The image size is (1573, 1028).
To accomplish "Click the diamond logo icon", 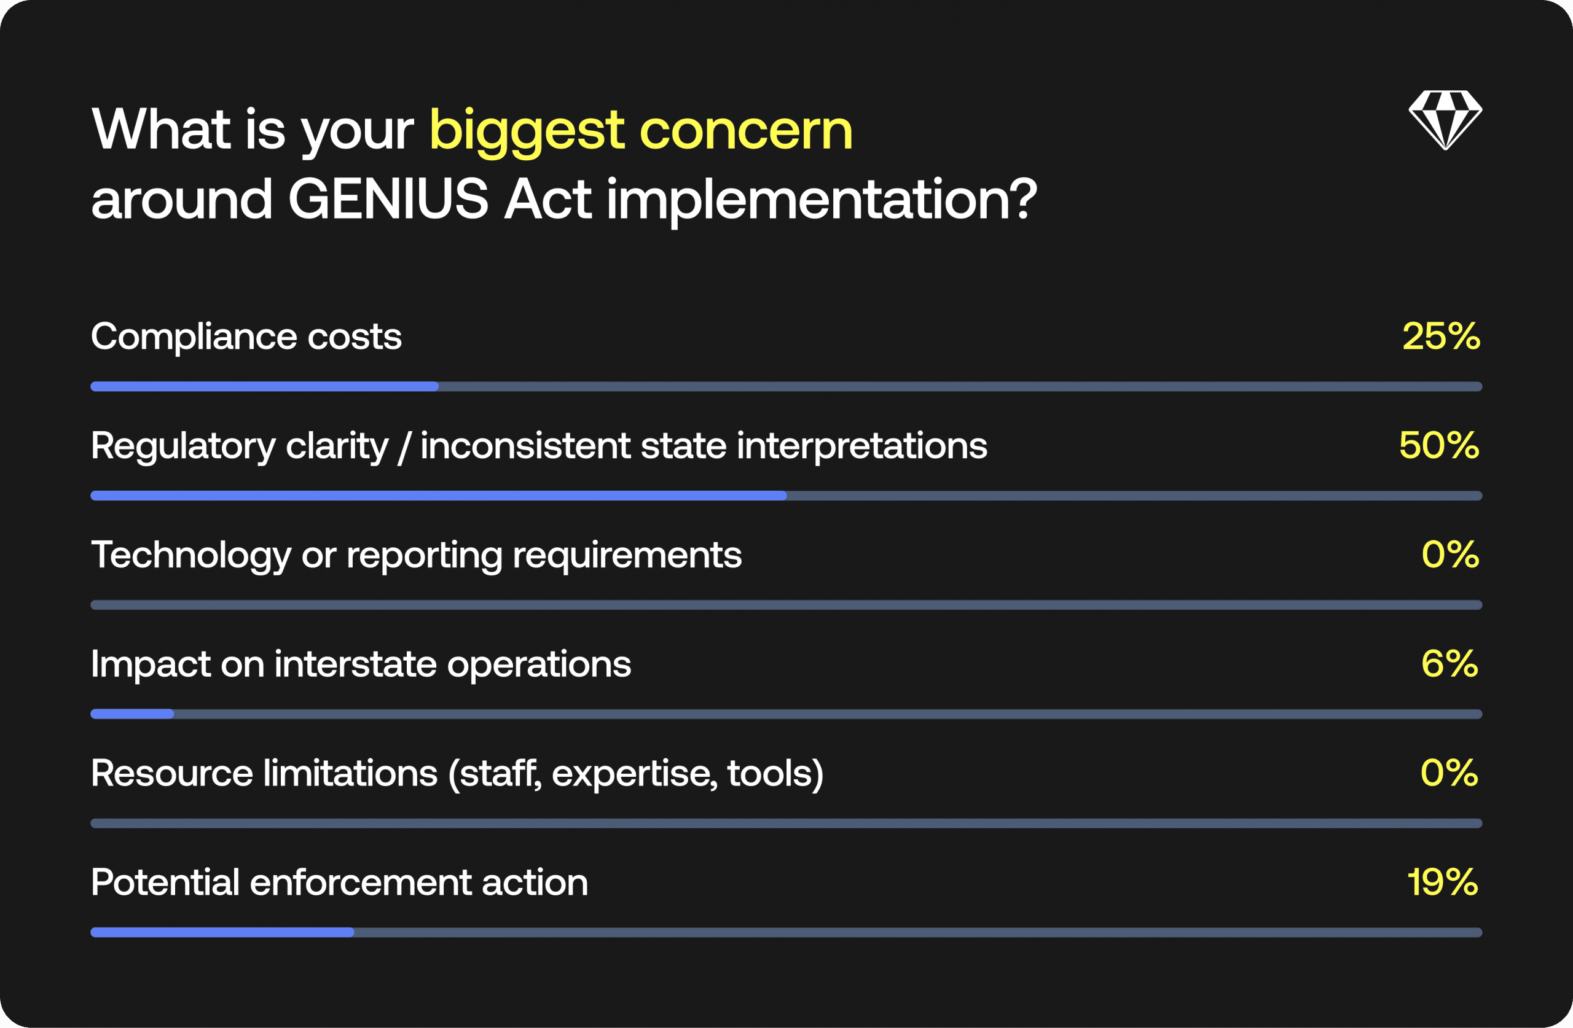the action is tap(1445, 120).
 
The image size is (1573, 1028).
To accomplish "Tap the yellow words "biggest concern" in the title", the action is tap(641, 131).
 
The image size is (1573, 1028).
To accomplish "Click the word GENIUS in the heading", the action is tap(388, 199).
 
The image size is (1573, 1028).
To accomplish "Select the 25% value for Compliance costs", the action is tap(1442, 337).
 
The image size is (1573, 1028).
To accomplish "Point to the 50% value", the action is tap(1440, 445).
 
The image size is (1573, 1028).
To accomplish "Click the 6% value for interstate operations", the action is tap(1450, 664).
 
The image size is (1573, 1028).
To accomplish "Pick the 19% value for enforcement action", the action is tap(1443, 882).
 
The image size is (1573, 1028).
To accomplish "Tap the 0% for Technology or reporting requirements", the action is tap(1451, 555).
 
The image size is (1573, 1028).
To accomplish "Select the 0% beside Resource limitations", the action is tap(1449, 773).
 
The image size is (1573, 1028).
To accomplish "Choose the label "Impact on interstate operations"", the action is tap(361, 664).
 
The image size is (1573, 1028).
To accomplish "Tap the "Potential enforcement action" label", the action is tap(340, 882).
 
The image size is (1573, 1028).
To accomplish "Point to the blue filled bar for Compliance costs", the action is tap(264, 386).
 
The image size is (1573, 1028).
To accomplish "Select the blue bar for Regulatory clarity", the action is tap(438, 496).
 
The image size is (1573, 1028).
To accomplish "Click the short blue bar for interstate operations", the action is tap(132, 714).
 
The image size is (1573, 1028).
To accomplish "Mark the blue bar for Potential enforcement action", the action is tap(222, 932).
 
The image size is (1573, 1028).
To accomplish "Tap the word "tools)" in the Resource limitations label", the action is tap(775, 774).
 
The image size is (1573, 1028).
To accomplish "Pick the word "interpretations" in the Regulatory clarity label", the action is tap(862, 446).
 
